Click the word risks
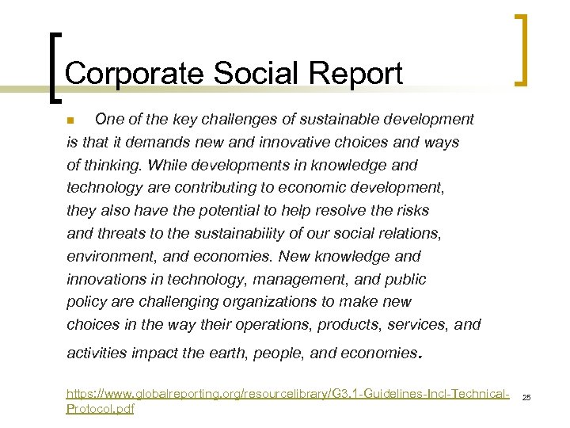click(411, 211)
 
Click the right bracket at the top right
click(521, 49)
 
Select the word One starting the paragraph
click(107, 120)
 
